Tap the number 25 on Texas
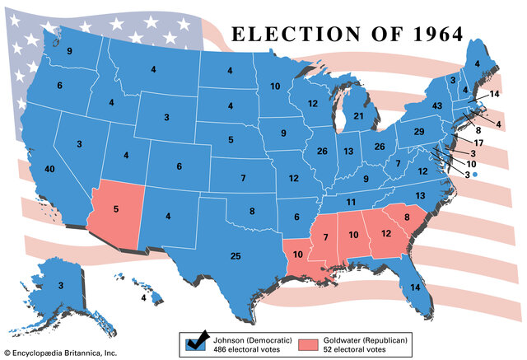(236, 256)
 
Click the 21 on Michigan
(358, 117)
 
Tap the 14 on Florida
(415, 288)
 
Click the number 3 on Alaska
(59, 285)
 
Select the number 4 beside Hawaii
(142, 298)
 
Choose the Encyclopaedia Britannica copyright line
(59, 353)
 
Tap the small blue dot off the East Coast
(475, 175)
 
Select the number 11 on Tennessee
(350, 202)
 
